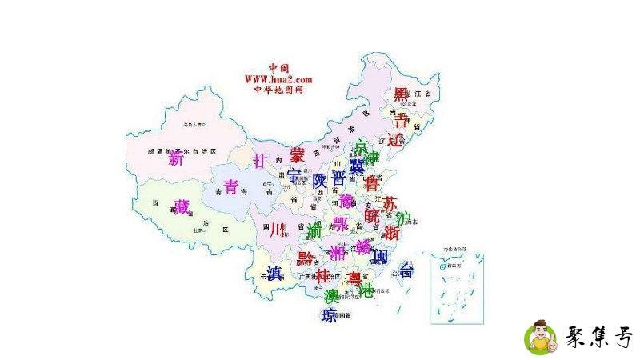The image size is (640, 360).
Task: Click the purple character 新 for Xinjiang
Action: coord(176,158)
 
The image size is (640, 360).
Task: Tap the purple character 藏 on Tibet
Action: coord(182,206)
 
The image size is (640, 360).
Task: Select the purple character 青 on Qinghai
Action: coord(231,187)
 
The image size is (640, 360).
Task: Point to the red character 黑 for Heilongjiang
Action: coord(401,95)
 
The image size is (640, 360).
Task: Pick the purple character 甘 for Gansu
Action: coord(258,161)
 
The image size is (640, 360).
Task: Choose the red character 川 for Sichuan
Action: coord(277,230)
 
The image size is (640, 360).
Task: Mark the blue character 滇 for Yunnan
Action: coord(274,271)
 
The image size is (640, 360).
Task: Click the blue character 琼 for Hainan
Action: coord(328,316)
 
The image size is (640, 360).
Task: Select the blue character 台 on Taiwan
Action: coord(406,270)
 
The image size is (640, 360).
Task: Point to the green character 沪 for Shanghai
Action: coord(403,218)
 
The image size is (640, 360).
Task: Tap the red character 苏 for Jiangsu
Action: coord(390,202)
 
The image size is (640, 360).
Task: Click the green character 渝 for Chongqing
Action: coord(314,230)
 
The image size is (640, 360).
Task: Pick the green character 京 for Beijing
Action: coord(362,147)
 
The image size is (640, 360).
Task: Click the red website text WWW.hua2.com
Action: coord(278,79)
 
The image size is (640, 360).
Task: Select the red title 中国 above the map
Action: coord(278,68)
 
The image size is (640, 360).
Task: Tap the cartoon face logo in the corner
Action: coord(541,338)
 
